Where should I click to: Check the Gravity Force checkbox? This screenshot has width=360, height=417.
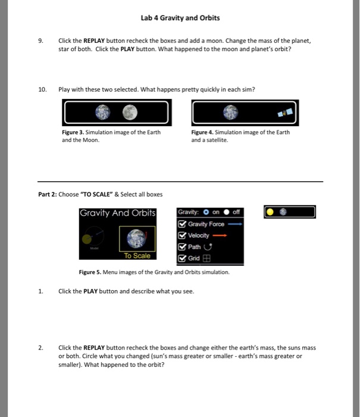(x=183, y=224)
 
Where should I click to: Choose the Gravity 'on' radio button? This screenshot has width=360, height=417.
(x=205, y=213)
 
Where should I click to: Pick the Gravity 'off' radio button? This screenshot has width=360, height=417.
(x=227, y=213)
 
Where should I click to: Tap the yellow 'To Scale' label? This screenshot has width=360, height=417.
(x=137, y=256)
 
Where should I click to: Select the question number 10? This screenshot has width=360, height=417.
(x=42, y=89)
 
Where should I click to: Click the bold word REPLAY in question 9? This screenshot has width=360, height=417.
(x=95, y=41)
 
